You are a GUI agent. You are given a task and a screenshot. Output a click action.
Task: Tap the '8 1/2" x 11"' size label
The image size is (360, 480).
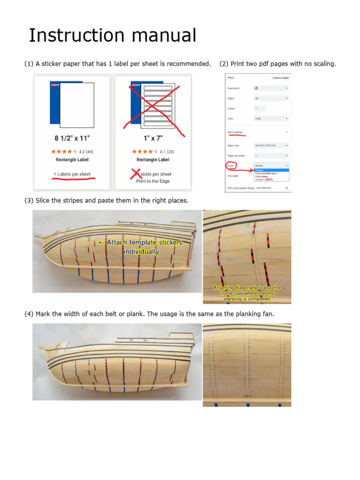click(72, 138)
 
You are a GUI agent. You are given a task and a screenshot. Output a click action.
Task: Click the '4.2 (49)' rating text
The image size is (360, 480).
click(85, 151)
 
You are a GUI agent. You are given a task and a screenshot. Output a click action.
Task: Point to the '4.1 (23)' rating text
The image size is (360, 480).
click(166, 151)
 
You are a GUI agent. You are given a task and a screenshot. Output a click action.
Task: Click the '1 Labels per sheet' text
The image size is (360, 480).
click(72, 174)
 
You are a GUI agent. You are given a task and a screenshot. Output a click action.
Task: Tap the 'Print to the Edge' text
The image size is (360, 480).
click(153, 181)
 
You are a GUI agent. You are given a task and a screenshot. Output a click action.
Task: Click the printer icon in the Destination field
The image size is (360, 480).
click(256, 88)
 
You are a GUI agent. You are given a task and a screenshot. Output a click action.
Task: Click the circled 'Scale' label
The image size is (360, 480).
click(231, 166)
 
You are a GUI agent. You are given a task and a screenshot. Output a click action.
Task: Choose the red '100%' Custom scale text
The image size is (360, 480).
click(269, 179)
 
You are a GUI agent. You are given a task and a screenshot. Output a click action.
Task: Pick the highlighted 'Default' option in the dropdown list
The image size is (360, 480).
click(259, 171)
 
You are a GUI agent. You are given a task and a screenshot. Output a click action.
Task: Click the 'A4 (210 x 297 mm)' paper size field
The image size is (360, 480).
click(271, 145)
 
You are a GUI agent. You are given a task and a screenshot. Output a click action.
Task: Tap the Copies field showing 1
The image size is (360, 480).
click(259, 108)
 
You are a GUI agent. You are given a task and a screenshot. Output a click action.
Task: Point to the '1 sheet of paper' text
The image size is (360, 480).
click(280, 77)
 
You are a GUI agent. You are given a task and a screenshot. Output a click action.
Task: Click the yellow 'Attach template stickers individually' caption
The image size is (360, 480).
click(140, 247)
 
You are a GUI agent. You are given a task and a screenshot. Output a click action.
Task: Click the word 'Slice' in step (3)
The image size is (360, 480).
click(44, 201)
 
